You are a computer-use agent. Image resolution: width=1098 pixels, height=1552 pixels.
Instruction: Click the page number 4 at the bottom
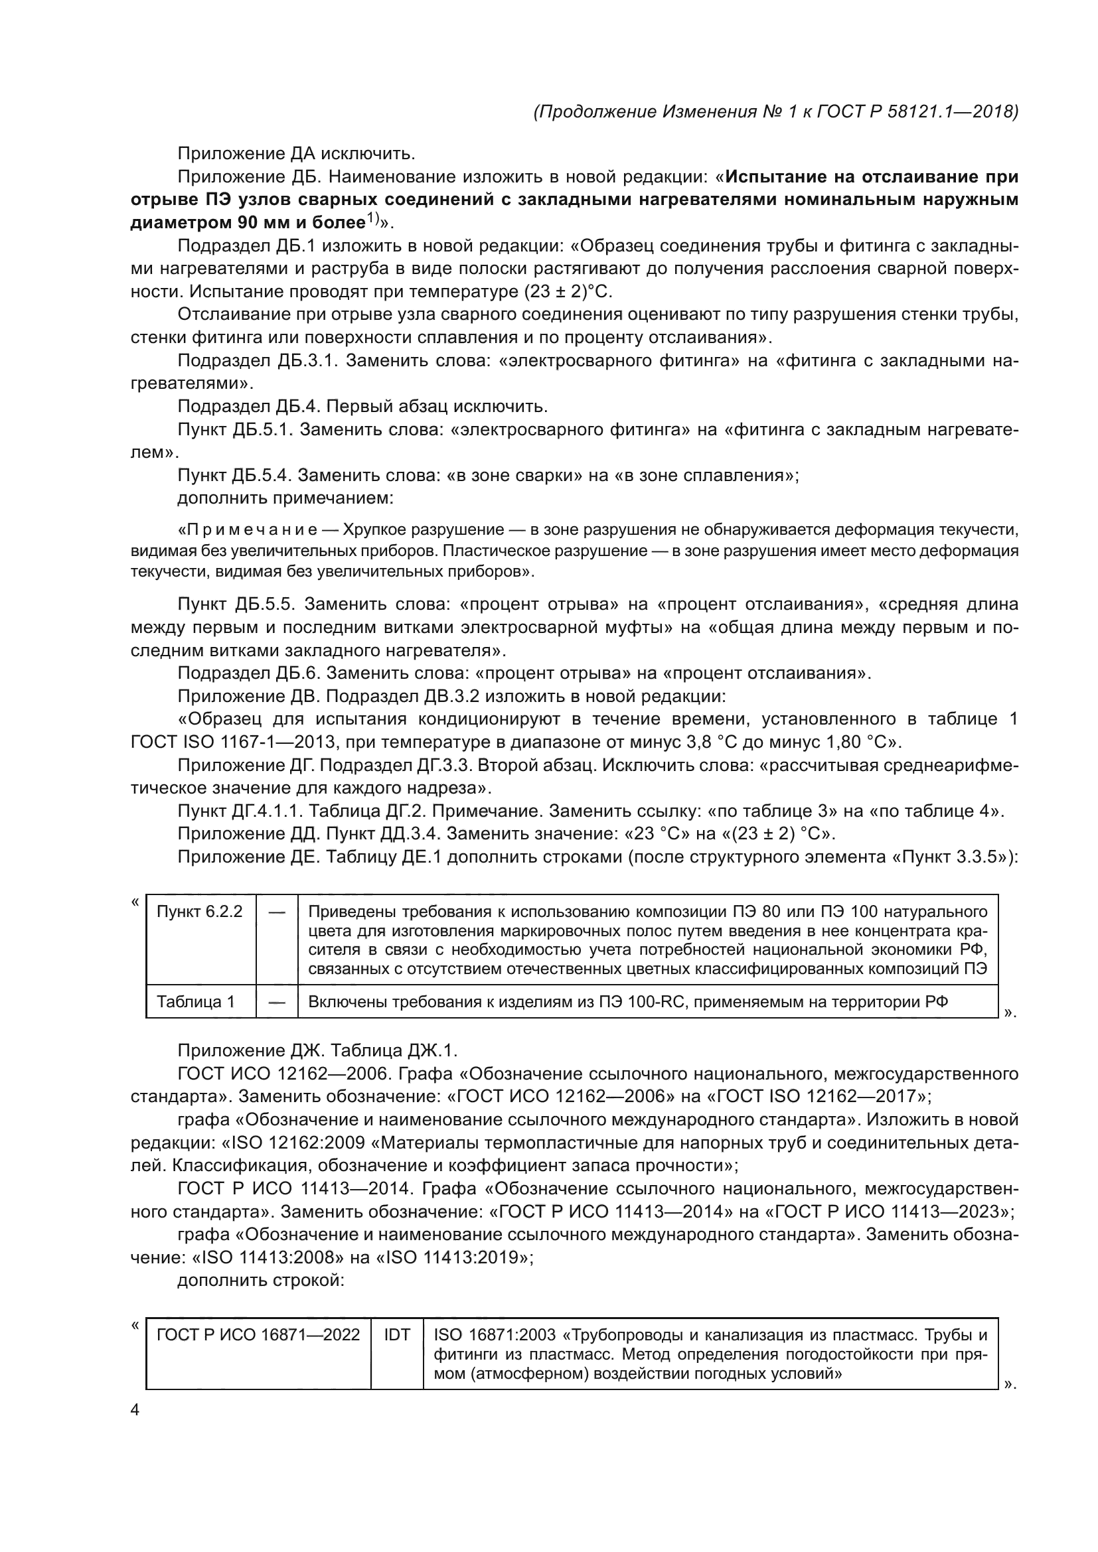(x=135, y=1410)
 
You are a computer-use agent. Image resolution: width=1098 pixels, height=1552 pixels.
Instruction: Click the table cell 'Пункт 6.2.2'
(x=199, y=912)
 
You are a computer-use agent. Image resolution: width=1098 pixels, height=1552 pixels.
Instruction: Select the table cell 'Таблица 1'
(x=195, y=1002)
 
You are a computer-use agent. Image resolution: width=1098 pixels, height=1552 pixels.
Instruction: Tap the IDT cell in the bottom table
(x=397, y=1335)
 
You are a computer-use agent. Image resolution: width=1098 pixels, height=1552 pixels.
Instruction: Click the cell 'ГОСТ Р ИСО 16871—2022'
(x=258, y=1335)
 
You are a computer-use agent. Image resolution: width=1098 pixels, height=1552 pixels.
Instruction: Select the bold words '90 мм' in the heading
(x=262, y=223)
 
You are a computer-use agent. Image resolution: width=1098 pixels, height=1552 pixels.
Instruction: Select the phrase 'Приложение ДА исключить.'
(x=296, y=154)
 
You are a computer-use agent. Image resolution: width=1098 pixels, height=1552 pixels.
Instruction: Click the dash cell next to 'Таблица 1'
(x=277, y=1002)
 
